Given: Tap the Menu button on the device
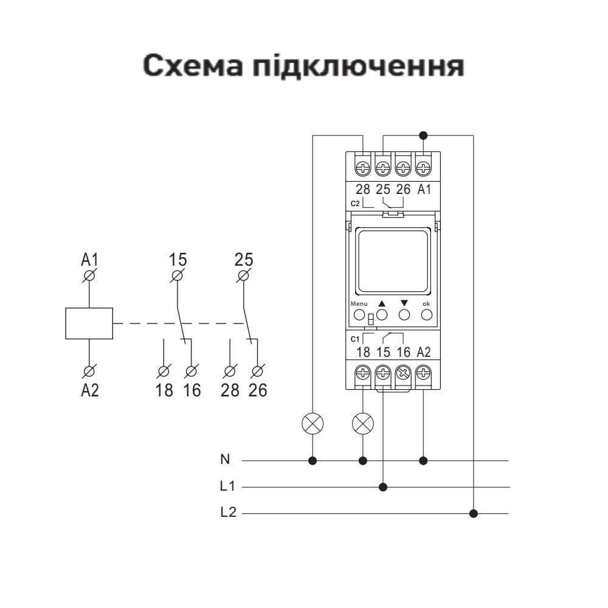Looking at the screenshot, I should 359,315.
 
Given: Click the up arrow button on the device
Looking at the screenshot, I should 382,315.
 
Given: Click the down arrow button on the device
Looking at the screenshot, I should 404,315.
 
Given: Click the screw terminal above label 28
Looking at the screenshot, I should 363,166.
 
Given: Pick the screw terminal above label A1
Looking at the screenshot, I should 424,166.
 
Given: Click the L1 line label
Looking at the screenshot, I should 227,487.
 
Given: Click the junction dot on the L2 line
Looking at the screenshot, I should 474,514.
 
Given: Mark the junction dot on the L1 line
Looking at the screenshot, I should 383,487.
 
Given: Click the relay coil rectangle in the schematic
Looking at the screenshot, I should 89,323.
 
